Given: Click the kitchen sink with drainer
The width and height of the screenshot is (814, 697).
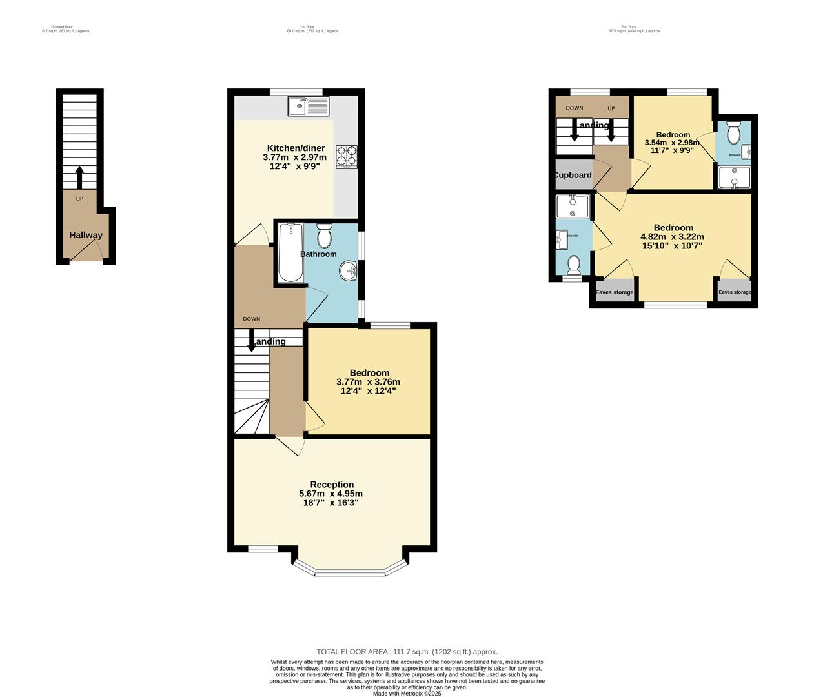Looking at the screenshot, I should pyautogui.click(x=309, y=106).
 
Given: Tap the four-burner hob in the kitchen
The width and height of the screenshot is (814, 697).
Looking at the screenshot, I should pyautogui.click(x=347, y=157).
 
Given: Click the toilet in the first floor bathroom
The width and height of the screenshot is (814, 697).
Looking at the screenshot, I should pyautogui.click(x=324, y=236).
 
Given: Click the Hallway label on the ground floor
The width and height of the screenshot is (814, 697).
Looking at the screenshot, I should pyautogui.click(x=86, y=236).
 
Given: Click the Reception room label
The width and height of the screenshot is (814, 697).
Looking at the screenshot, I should pyautogui.click(x=332, y=485).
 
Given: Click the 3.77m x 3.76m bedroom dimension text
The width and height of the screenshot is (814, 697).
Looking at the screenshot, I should pyautogui.click(x=368, y=381).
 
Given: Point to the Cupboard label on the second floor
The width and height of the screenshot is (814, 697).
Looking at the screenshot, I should pyautogui.click(x=572, y=175).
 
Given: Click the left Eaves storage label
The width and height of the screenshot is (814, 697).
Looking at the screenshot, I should pyautogui.click(x=614, y=292).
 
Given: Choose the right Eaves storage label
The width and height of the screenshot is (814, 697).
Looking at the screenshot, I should pyautogui.click(x=735, y=292).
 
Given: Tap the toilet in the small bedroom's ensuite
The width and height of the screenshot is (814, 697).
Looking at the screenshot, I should pyautogui.click(x=733, y=133).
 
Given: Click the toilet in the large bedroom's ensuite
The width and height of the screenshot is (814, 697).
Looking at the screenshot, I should pyautogui.click(x=573, y=265).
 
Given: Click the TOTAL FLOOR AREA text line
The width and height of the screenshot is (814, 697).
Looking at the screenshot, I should pyautogui.click(x=407, y=652).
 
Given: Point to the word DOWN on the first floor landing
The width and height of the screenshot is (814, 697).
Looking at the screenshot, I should pyautogui.click(x=252, y=319).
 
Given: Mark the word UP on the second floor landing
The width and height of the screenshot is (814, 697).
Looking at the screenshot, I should pyautogui.click(x=611, y=108).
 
